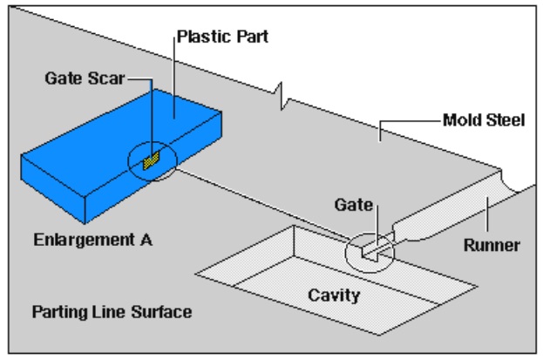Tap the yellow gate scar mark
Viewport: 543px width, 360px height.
tap(150, 160)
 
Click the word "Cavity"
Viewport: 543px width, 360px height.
tap(334, 295)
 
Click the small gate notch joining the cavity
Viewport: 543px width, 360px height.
tap(372, 252)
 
